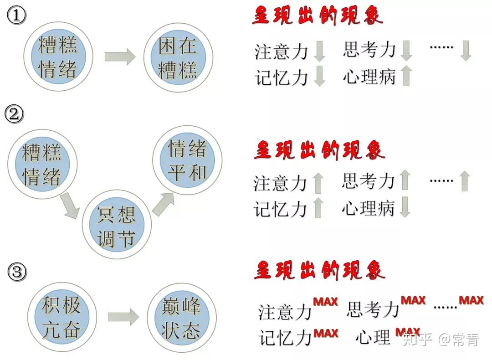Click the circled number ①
[17, 16]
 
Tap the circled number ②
[14, 114]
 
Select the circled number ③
[17, 273]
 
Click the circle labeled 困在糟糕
[178, 57]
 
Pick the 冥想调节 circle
[116, 226]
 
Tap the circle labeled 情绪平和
[187, 160]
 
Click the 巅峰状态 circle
[181, 317]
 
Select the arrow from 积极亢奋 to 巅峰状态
[123, 317]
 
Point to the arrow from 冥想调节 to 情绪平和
[163, 203]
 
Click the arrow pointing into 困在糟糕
[120, 57]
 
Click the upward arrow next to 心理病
[406, 76]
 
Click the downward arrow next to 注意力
[319, 51]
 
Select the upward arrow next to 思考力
[405, 180]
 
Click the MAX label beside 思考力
[413, 301]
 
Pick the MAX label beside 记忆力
[326, 334]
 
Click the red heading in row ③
[319, 270]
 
